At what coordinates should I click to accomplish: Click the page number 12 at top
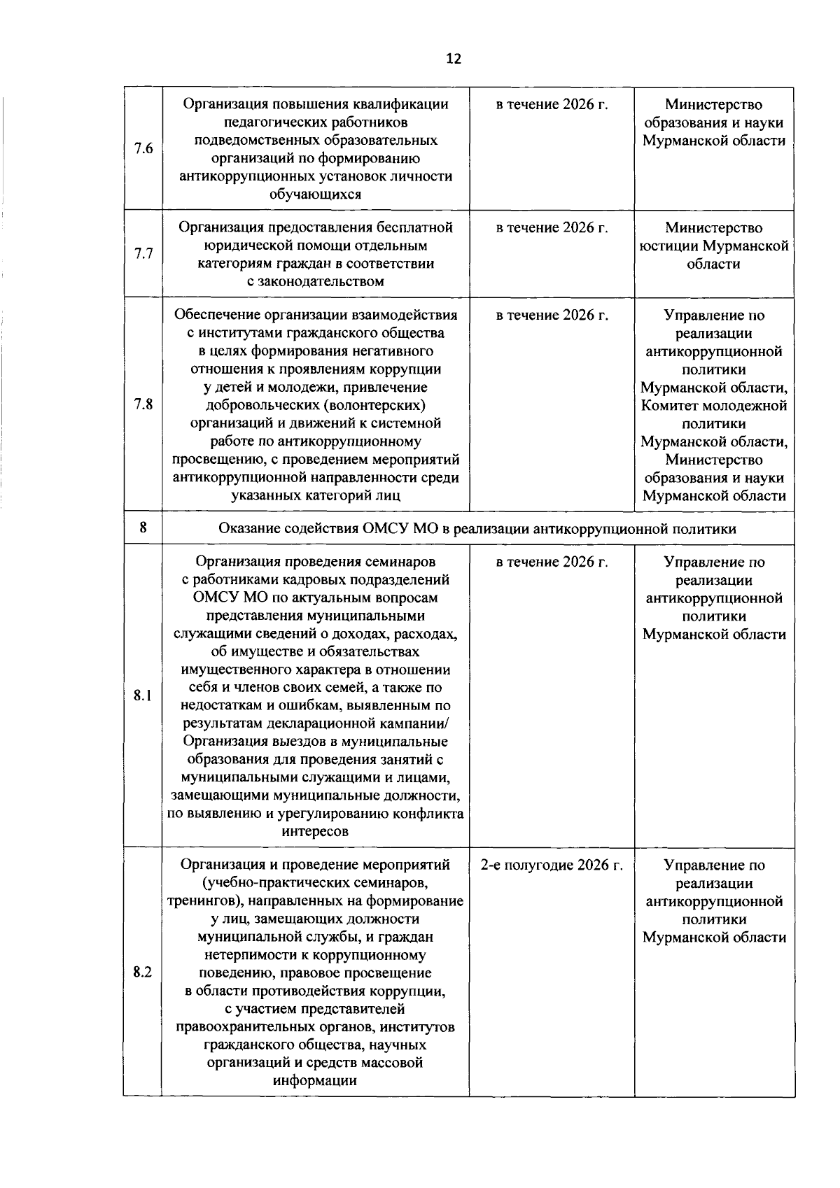coord(453,59)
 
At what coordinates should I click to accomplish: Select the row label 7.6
coord(143,148)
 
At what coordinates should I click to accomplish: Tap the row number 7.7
coord(143,253)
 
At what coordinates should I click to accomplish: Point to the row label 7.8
coord(143,405)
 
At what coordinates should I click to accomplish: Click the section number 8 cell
coord(143,528)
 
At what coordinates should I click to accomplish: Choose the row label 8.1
coord(143,695)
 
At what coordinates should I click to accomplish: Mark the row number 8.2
coord(143,973)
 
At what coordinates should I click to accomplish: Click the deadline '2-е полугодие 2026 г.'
coord(552,865)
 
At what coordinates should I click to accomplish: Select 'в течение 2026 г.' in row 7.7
coord(552,227)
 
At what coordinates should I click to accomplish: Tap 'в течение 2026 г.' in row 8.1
coord(552,562)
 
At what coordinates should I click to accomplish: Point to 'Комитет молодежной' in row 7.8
coord(714,406)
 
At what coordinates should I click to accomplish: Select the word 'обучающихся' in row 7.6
coord(316,195)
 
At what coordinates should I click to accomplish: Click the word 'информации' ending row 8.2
coord(316,1081)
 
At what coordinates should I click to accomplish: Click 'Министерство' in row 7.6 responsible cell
coord(714,105)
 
